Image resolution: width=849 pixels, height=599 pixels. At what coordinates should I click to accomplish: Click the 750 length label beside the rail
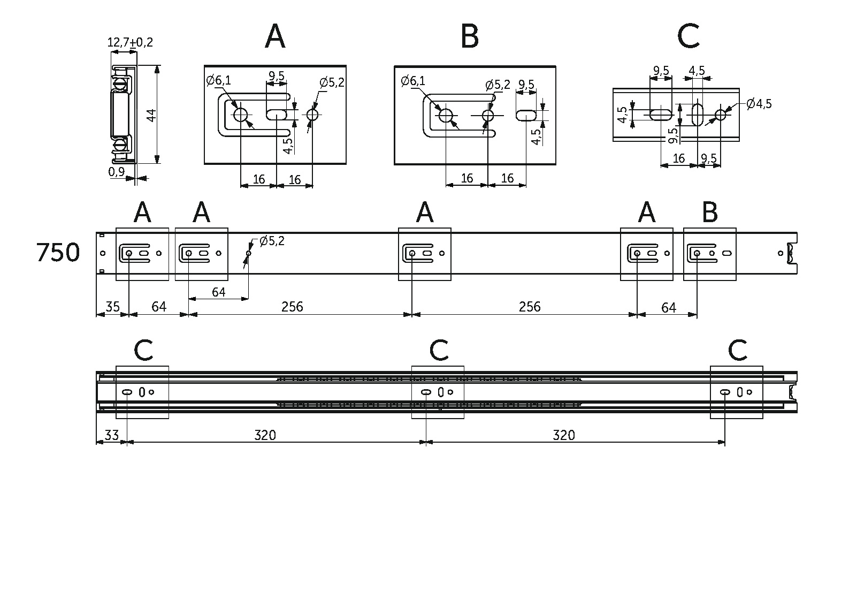(x=58, y=253)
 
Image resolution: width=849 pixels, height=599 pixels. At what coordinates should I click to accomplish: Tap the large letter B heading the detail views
(x=469, y=37)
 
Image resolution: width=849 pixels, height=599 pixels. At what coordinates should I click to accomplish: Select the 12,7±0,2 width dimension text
(x=130, y=42)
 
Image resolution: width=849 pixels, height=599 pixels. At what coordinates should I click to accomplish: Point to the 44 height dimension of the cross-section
(x=151, y=115)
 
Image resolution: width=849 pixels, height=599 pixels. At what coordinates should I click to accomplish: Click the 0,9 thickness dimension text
(x=116, y=172)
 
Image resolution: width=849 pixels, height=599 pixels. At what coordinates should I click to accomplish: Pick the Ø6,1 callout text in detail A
(x=219, y=81)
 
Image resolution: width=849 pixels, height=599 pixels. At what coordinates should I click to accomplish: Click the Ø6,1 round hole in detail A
(x=240, y=115)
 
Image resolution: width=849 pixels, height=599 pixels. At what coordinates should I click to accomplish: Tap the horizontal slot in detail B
(x=526, y=115)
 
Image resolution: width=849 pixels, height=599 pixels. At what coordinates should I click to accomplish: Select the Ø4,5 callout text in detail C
(x=758, y=103)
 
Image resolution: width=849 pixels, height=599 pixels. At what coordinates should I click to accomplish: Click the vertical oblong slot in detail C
(x=698, y=115)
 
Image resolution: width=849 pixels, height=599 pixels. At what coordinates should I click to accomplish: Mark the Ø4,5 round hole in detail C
(x=721, y=115)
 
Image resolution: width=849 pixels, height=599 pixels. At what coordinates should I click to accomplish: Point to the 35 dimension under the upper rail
(x=112, y=307)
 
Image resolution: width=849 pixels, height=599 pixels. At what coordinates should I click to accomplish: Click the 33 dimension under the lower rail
(x=111, y=435)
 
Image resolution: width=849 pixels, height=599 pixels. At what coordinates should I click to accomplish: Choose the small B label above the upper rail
(x=709, y=213)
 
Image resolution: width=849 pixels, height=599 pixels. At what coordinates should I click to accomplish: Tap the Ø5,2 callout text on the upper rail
(x=272, y=241)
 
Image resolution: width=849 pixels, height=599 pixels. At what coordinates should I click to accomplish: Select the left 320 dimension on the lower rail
(x=265, y=435)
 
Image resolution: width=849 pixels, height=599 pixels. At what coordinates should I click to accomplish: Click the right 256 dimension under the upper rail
(x=529, y=307)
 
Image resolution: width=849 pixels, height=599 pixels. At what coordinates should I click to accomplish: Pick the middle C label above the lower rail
(x=439, y=351)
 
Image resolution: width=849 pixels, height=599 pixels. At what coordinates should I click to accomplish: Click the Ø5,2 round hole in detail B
(x=488, y=115)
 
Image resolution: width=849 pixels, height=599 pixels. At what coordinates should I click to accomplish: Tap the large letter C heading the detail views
(x=688, y=37)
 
